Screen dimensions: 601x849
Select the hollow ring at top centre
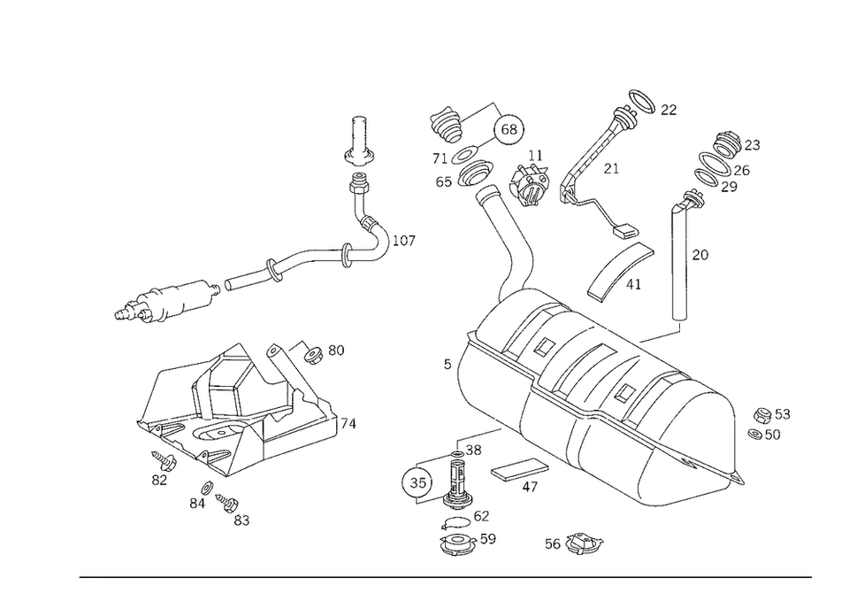pos(511,128)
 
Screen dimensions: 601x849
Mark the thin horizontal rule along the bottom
pos(442,577)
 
